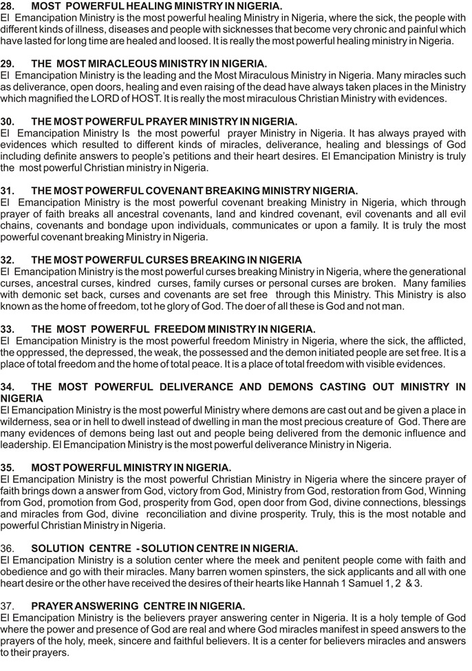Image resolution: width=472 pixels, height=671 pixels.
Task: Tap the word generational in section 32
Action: point(438,271)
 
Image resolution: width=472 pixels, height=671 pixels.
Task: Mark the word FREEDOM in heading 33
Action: point(180,329)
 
